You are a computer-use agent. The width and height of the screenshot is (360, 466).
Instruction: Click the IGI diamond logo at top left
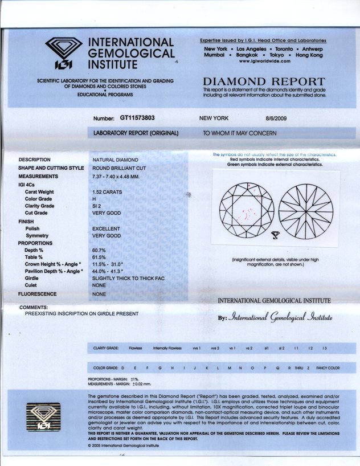click(63, 53)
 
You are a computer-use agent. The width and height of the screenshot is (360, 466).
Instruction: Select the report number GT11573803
click(137, 118)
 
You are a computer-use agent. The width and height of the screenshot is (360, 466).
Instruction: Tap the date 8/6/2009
click(277, 118)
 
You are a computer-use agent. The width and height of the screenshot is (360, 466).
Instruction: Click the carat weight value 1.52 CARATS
click(107, 192)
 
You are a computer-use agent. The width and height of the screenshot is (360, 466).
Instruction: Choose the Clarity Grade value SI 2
click(97, 206)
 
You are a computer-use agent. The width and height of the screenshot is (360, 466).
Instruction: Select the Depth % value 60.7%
click(99, 250)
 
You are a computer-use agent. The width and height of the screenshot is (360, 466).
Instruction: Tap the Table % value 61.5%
click(99, 257)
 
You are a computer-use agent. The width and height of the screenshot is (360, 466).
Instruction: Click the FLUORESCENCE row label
click(38, 294)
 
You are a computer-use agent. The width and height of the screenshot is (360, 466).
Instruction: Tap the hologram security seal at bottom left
click(43, 418)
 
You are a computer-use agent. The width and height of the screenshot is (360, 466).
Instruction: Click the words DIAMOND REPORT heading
click(264, 81)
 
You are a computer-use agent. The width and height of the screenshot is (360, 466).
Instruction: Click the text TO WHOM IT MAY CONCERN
click(240, 133)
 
